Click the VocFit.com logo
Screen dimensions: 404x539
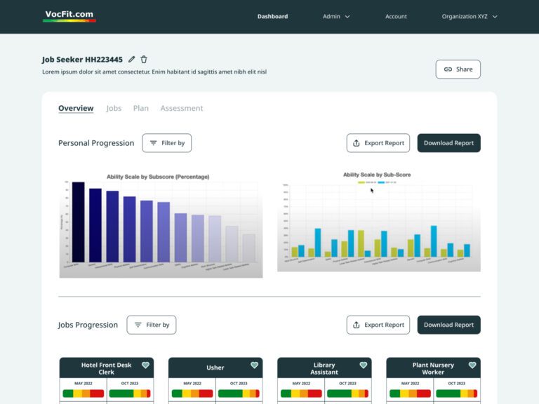pos(69,15)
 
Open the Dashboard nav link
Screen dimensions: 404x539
pos(272,16)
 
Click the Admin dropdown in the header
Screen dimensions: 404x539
pos(336,16)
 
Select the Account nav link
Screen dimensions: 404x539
pos(396,16)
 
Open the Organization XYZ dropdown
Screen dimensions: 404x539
pos(469,16)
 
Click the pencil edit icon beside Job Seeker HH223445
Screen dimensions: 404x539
pos(132,60)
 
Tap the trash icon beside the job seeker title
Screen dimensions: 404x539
pos(144,60)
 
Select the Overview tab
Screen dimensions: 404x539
pos(76,108)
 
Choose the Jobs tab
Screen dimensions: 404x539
pos(114,108)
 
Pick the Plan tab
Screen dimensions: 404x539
pos(141,108)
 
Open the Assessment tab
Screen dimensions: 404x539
pos(182,108)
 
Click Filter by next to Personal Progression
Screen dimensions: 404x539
pos(166,143)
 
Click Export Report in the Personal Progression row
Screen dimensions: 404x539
pos(378,143)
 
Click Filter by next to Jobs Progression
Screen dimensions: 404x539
pos(151,325)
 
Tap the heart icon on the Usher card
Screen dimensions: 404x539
pos(254,365)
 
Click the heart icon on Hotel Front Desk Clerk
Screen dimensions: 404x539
pos(145,365)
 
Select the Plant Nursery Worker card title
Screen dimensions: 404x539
pos(433,368)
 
